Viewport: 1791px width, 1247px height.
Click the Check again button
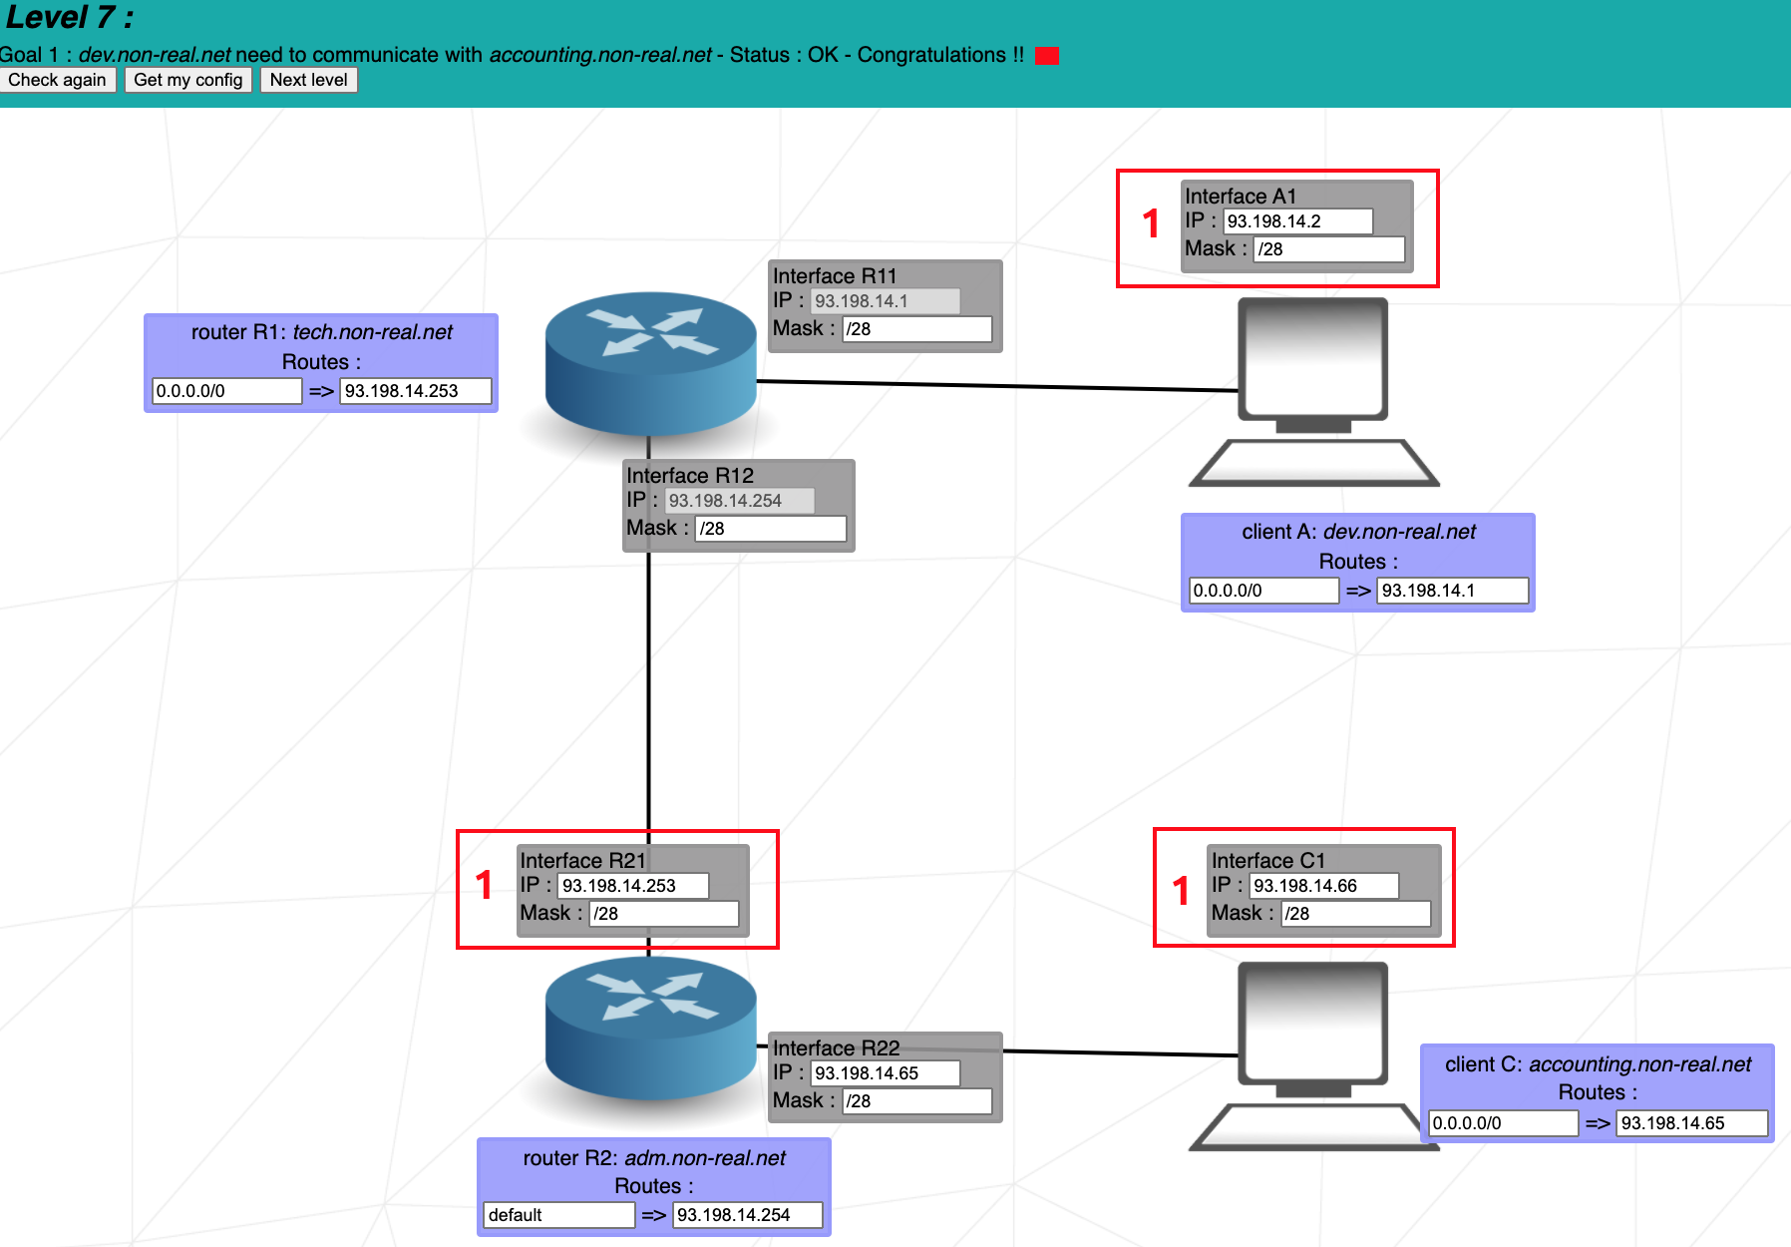pos(58,80)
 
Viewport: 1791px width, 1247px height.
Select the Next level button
pos(308,80)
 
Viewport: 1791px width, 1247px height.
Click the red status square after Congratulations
pos(1046,56)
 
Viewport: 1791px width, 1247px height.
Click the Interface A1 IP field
pos(1297,221)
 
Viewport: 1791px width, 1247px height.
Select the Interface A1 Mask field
pos(1328,249)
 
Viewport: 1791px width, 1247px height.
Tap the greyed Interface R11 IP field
pos(885,301)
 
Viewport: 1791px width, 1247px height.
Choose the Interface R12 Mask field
pos(770,529)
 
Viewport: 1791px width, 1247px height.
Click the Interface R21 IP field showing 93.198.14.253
pos(632,886)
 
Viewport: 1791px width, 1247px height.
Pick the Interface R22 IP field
pos(885,1073)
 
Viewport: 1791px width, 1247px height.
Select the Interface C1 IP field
pos(1323,886)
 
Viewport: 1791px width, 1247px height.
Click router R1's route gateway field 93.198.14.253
pos(415,391)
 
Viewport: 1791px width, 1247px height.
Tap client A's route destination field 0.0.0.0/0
pos(1263,591)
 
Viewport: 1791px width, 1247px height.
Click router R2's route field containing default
pos(558,1215)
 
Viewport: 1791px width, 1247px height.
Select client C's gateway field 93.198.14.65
pos(1691,1123)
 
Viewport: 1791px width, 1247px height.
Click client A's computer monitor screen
pos(1312,357)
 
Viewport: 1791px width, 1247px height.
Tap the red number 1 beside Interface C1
pos(1181,890)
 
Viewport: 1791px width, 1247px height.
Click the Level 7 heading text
pos(70,18)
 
